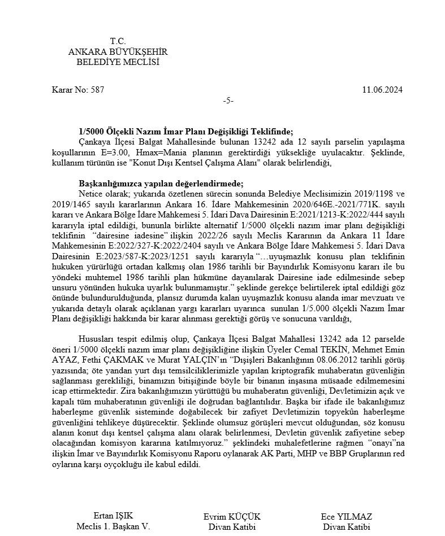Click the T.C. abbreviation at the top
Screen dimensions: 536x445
pos(118,41)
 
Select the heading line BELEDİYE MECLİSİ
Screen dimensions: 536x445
pos(118,62)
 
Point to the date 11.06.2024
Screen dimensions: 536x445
pos(382,90)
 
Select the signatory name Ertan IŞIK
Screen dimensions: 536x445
pos(113,516)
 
